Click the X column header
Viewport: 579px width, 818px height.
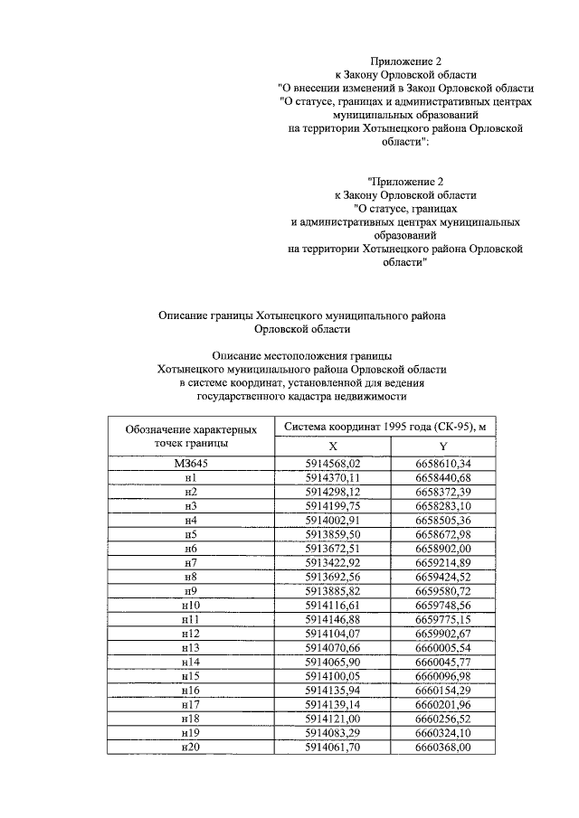click(x=332, y=447)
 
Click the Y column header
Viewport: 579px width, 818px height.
click(x=443, y=447)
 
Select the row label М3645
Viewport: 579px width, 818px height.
click(x=190, y=464)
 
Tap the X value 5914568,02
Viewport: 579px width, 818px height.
click(x=333, y=464)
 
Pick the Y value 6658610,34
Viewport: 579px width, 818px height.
click(x=443, y=464)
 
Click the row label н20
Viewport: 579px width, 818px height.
click(x=190, y=749)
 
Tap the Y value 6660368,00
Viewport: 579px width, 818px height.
click(x=443, y=749)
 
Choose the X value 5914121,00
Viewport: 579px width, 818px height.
click(x=333, y=720)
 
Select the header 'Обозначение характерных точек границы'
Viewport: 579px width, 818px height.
click(x=190, y=437)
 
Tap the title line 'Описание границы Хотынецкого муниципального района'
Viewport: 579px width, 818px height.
click(x=302, y=315)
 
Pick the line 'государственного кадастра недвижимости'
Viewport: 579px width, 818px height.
click(x=302, y=396)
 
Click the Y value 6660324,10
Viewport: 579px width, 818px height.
click(x=443, y=735)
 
